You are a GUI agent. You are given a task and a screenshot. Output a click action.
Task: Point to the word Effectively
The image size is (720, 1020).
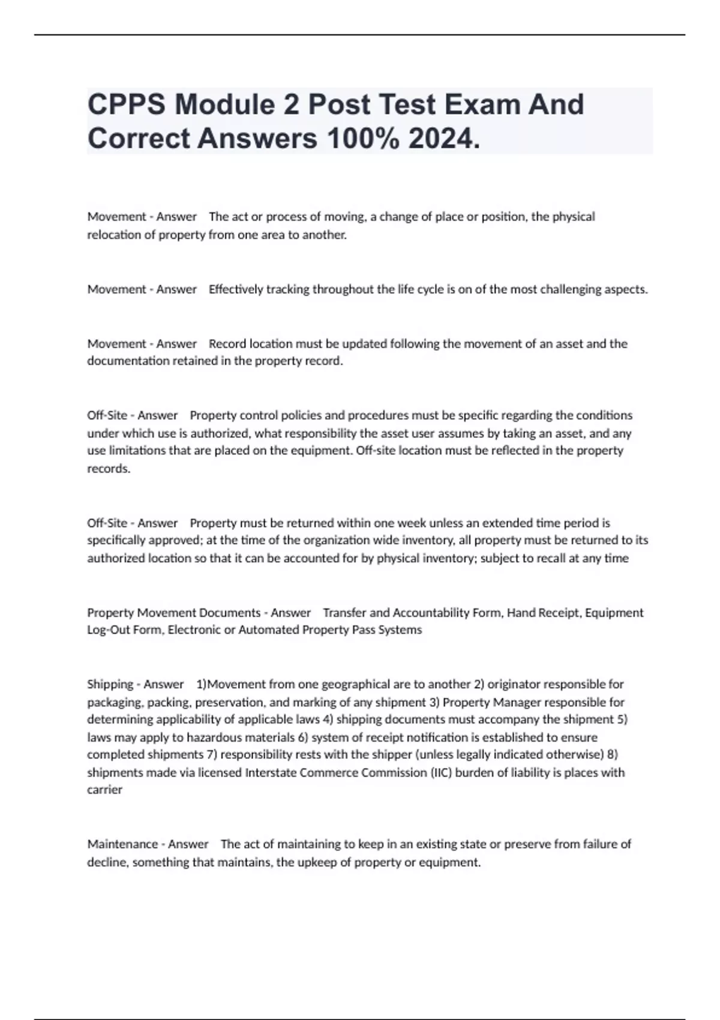click(x=236, y=289)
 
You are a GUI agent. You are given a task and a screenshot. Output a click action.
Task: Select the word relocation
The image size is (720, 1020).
click(x=116, y=235)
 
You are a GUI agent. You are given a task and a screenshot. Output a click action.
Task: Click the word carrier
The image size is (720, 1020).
click(x=104, y=790)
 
